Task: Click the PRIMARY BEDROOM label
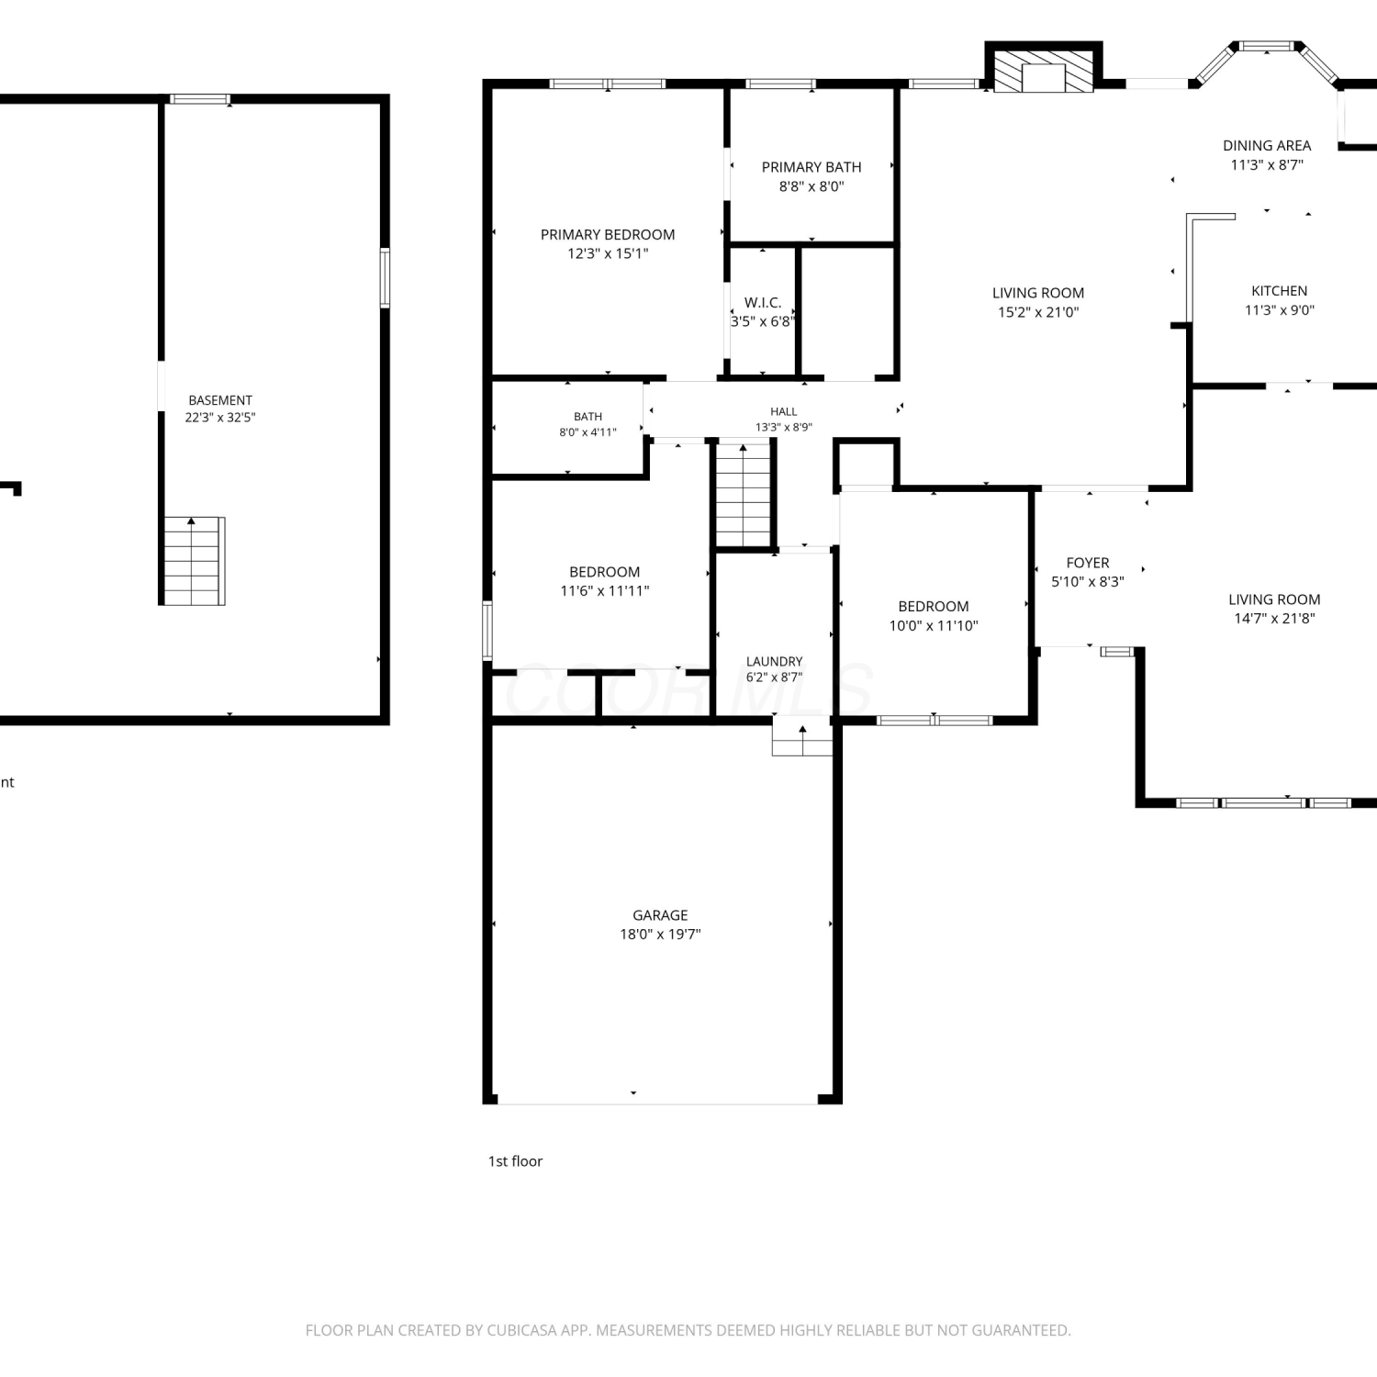tap(608, 235)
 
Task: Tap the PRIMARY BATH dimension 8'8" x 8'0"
tap(812, 186)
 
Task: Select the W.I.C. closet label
tap(763, 303)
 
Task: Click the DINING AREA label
tap(1267, 146)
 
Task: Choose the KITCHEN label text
tap(1280, 291)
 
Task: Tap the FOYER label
tap(1088, 563)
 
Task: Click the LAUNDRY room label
tap(774, 662)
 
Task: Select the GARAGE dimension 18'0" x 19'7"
tap(660, 935)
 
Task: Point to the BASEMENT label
tap(220, 400)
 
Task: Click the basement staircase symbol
tap(194, 561)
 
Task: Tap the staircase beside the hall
tap(743, 495)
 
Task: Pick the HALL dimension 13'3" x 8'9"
tap(784, 428)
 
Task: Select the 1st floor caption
tap(515, 1161)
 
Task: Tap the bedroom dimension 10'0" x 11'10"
tap(934, 626)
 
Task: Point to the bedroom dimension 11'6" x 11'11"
tap(605, 591)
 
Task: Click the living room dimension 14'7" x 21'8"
tap(1274, 619)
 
